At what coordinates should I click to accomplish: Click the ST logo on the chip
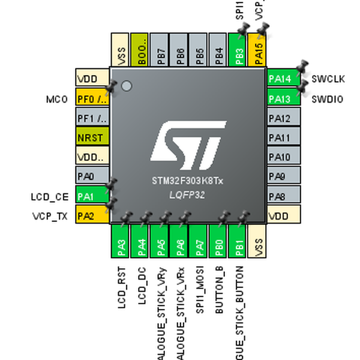[x=188, y=146]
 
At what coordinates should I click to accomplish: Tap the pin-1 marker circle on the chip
[x=126, y=86]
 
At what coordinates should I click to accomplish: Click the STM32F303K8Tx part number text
[x=188, y=181]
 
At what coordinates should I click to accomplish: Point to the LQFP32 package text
[x=188, y=196]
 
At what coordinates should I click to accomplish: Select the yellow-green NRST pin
[x=92, y=137]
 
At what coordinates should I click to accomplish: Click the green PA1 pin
[x=92, y=196]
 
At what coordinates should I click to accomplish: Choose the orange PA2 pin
[x=92, y=216]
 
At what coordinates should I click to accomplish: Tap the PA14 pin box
[x=283, y=79]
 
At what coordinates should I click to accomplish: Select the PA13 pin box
[x=283, y=98]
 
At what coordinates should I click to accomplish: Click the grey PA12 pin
[x=283, y=118]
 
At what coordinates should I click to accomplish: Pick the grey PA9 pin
[x=283, y=177]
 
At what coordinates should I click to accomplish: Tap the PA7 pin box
[x=199, y=243]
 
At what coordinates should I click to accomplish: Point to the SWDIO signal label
[x=327, y=99]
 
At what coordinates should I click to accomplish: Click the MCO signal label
[x=57, y=99]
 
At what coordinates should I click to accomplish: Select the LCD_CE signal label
[x=49, y=196]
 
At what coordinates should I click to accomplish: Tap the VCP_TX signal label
[x=50, y=217]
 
